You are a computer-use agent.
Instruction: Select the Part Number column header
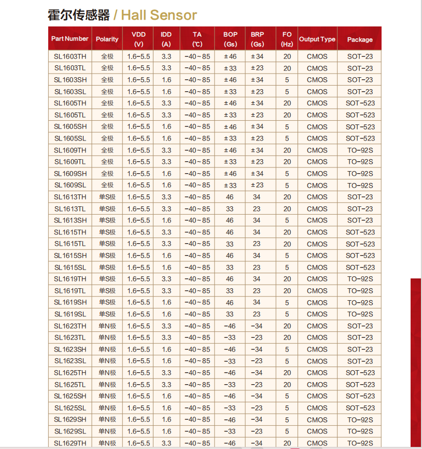click(x=70, y=39)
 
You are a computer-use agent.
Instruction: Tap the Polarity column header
click(x=107, y=39)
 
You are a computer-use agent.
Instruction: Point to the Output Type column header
click(x=317, y=39)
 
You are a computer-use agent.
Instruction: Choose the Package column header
click(x=360, y=39)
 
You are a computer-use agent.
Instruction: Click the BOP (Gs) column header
click(x=230, y=39)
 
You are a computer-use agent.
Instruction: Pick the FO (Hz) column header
click(x=287, y=39)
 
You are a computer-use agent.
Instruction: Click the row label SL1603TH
click(x=70, y=56)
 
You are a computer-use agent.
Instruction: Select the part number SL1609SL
click(x=70, y=185)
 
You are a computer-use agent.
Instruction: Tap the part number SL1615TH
click(x=70, y=232)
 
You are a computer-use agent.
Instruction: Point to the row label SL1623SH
click(x=70, y=349)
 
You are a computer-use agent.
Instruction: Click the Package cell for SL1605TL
click(x=360, y=115)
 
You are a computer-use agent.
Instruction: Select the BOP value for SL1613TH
click(x=230, y=197)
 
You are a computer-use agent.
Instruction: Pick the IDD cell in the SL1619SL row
click(x=166, y=314)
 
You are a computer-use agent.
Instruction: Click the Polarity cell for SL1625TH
click(x=107, y=373)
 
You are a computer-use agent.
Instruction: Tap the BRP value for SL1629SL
click(x=257, y=431)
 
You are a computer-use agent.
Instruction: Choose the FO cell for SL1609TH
click(x=287, y=150)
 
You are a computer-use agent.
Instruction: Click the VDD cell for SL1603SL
click(x=138, y=92)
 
